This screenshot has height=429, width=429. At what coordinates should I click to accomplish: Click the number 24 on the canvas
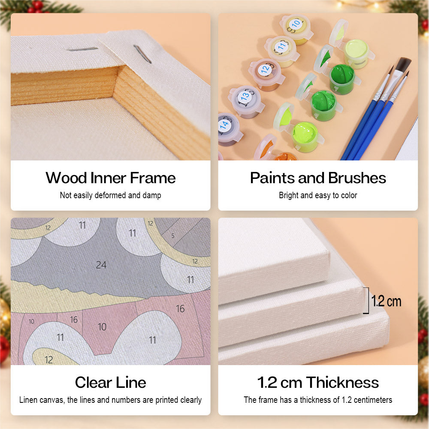pos(101,265)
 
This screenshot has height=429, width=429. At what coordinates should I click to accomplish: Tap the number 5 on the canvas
pos(173,236)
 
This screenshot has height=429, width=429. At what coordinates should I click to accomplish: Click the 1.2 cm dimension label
pos(387,301)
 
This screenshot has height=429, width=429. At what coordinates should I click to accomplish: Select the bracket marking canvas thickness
pos(367,300)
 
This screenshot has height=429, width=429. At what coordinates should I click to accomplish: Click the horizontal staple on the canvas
pos(82,49)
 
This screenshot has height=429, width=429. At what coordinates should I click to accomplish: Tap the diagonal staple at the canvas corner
pos(142,54)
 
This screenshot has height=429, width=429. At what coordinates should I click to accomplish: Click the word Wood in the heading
pos(66,178)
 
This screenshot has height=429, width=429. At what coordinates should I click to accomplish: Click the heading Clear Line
pos(111,382)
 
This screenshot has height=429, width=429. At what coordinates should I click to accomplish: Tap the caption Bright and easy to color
pos(318,195)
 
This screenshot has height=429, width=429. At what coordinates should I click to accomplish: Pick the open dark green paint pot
pos(342,78)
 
